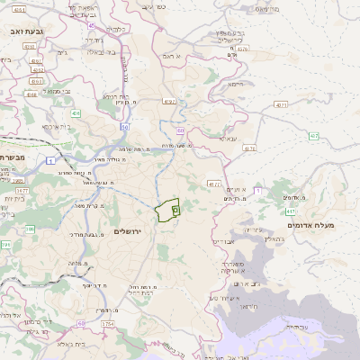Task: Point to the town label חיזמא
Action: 236,84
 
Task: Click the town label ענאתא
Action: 228,138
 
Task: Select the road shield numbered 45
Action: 91,28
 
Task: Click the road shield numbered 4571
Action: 281,105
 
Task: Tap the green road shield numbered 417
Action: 257,191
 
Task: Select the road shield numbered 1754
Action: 108,322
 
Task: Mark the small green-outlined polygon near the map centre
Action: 167,210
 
